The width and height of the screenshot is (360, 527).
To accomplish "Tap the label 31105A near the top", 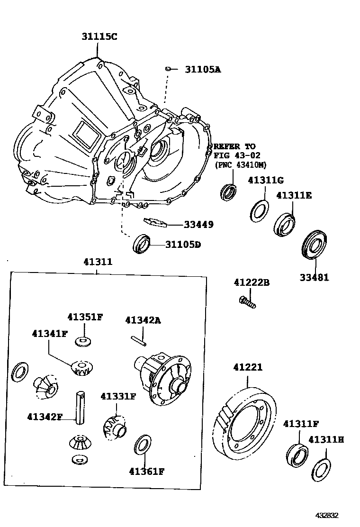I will [x=203, y=69].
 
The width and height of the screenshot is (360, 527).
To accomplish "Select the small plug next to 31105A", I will [x=168, y=69].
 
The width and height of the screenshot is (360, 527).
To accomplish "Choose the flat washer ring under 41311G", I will [x=259, y=210].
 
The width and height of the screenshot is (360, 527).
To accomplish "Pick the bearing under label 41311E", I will [x=284, y=224].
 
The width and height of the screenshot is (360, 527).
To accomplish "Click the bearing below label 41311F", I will [x=297, y=454].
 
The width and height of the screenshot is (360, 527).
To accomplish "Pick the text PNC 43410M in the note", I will [x=241, y=164].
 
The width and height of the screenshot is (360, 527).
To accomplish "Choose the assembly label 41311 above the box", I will [x=98, y=261].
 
